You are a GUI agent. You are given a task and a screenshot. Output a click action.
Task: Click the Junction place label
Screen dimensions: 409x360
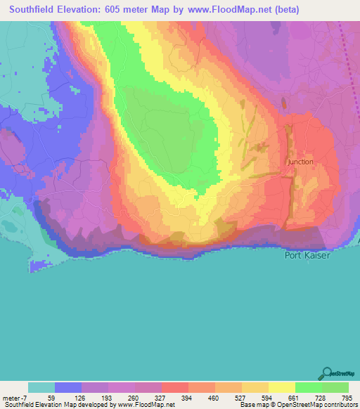click(300, 162)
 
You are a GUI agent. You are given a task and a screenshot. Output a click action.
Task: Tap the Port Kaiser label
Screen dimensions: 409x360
click(307, 255)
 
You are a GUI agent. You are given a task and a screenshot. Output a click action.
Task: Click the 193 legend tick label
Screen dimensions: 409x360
click(108, 398)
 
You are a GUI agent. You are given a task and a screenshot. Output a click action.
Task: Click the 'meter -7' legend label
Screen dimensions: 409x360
click(14, 398)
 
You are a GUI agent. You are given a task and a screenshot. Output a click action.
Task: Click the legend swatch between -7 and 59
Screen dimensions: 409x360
click(41, 387)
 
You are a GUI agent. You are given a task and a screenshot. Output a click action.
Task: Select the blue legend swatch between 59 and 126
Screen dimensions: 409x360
click(68, 387)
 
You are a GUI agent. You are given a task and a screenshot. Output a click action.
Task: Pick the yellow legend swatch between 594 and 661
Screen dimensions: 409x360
click(282, 387)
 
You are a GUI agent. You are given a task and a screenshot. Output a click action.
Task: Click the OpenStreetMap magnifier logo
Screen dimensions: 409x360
click(326, 373)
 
